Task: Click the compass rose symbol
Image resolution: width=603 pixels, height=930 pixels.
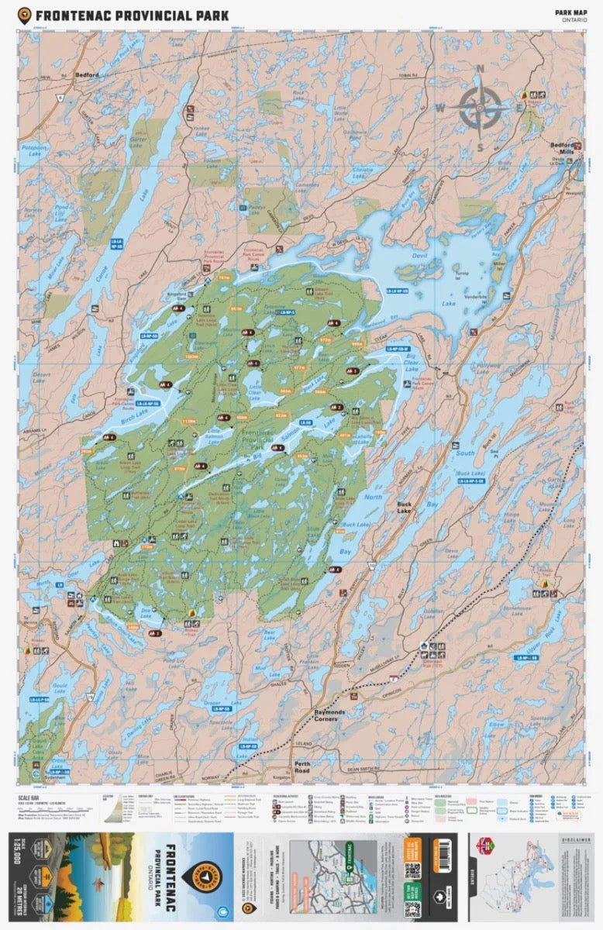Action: click(x=480, y=108)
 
